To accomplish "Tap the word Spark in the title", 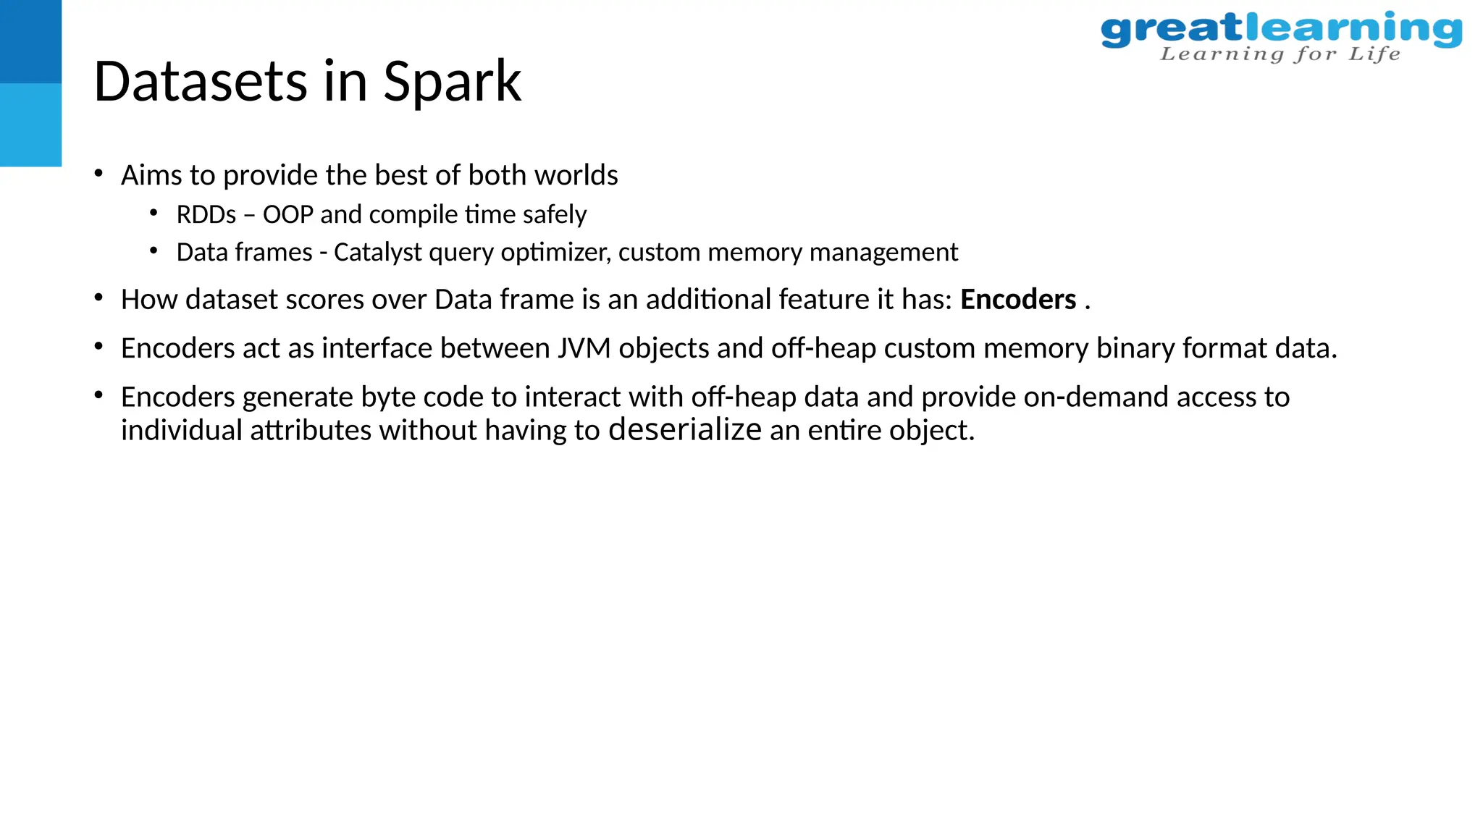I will pos(452,83).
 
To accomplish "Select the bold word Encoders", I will pos(1017,300).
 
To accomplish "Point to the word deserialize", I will pos(684,429).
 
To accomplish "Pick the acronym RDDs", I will pos(206,215).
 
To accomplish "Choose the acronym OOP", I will pos(288,215).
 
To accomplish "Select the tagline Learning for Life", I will pos(1280,54).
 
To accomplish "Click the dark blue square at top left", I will pos(30,41).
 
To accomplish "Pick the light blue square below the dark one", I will pos(30,125).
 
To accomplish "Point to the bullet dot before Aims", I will pos(98,174).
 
